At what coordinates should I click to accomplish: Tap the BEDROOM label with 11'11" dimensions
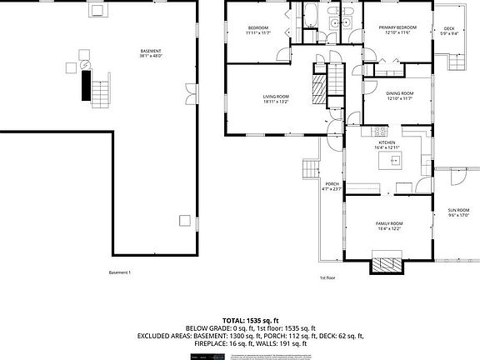pos(257,30)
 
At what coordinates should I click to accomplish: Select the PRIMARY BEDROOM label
pos(397,30)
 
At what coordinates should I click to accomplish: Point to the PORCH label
pos(332,186)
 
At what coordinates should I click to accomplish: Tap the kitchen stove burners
pos(380,131)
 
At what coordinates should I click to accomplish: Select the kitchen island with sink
pos(387,162)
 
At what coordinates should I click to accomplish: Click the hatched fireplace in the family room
pos(387,265)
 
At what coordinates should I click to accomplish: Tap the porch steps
pos(310,170)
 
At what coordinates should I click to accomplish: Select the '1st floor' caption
pos(327,277)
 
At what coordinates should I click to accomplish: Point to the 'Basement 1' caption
pos(120,272)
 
